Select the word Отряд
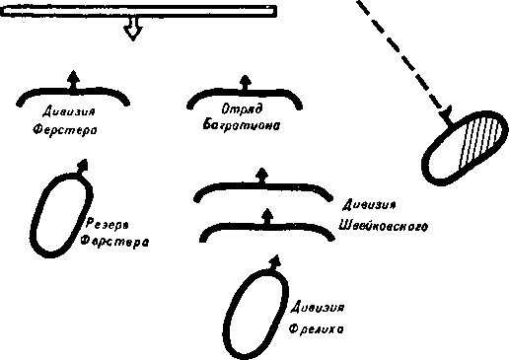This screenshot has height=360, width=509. coord(242,110)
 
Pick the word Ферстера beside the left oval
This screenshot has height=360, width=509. coord(114,240)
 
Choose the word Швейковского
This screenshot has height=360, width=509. coord(382,226)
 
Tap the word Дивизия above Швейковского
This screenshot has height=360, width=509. coord(369,206)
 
